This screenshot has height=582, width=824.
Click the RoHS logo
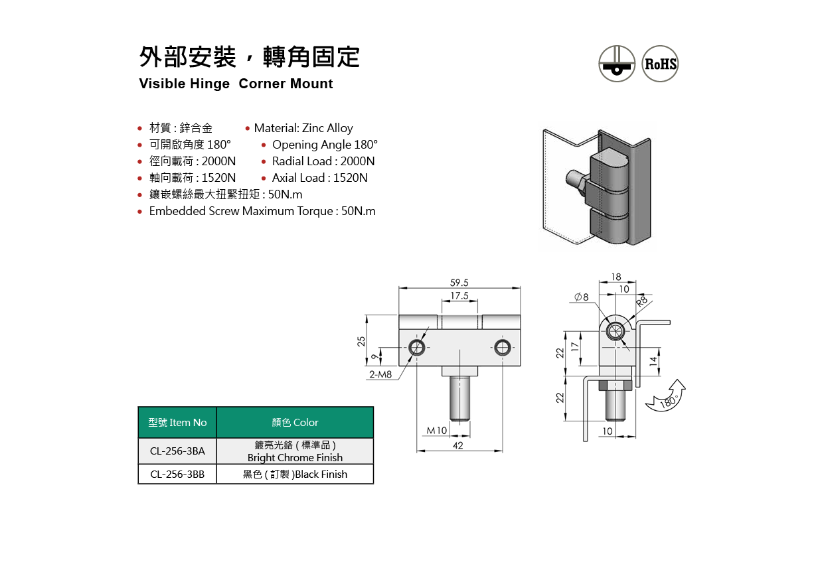point(661,64)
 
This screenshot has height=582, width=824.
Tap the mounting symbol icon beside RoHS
point(617,64)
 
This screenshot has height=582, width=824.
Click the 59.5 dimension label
point(459,283)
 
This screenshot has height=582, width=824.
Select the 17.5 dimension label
point(459,295)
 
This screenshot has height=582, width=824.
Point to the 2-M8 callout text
point(380,374)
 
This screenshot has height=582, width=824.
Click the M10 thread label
point(436,430)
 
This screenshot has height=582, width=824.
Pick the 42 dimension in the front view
point(458,446)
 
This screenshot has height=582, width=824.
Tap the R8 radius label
point(642,301)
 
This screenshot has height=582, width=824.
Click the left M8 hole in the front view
point(417,347)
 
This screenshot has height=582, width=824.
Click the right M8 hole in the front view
point(503,347)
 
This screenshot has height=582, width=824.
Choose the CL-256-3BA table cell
point(177,451)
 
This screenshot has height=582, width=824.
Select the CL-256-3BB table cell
point(177,474)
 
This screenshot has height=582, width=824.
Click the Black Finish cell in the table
point(295,474)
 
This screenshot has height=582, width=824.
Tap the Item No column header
point(177,423)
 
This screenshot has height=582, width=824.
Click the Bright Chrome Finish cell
point(295,451)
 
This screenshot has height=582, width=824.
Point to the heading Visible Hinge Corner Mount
point(236,84)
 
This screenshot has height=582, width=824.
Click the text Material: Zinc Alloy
point(303,128)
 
